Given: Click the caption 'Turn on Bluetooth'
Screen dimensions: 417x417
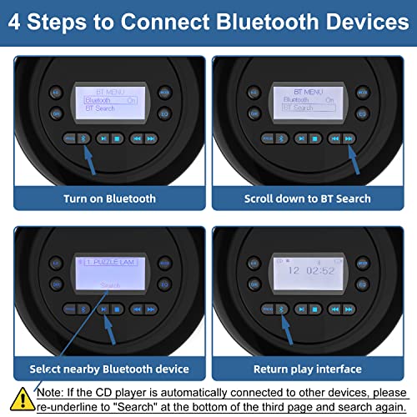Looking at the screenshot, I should (x=109, y=198).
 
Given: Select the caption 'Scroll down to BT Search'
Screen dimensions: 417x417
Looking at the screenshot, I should (x=307, y=198).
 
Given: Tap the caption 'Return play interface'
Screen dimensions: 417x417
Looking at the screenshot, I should (x=308, y=368).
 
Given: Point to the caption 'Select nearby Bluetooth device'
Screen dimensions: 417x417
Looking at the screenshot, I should (x=109, y=368).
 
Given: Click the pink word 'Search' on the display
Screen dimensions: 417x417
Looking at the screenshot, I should (x=110, y=284).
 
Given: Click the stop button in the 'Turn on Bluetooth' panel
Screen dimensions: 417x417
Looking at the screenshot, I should (x=118, y=138).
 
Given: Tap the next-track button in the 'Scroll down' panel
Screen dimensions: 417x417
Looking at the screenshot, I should (x=349, y=138).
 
